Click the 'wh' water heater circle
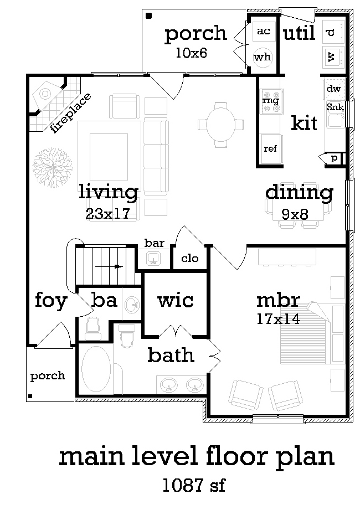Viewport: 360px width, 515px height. click(x=262, y=57)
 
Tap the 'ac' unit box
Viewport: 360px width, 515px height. click(x=264, y=31)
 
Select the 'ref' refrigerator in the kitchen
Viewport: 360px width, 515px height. click(x=271, y=148)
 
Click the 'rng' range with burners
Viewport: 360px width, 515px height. click(x=271, y=101)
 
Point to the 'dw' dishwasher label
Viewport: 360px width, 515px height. click(x=333, y=89)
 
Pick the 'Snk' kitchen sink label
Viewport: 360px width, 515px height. click(x=335, y=107)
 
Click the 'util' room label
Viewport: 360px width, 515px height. click(x=299, y=33)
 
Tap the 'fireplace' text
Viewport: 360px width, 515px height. click(x=71, y=112)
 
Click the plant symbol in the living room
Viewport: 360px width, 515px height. click(x=53, y=167)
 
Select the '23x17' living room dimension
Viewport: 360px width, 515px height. click(x=108, y=214)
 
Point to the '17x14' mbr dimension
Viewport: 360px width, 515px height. click(x=278, y=319)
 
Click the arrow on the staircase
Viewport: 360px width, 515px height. click(x=109, y=266)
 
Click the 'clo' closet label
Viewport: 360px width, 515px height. click(x=190, y=258)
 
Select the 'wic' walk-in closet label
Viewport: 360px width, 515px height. click(x=176, y=300)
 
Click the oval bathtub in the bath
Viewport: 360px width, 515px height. click(x=96, y=368)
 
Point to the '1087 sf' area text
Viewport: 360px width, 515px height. click(x=194, y=485)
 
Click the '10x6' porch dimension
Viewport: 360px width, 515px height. click(x=191, y=53)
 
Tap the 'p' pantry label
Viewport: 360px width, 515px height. click(x=334, y=158)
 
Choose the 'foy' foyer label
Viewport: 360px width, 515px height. click(x=51, y=301)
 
